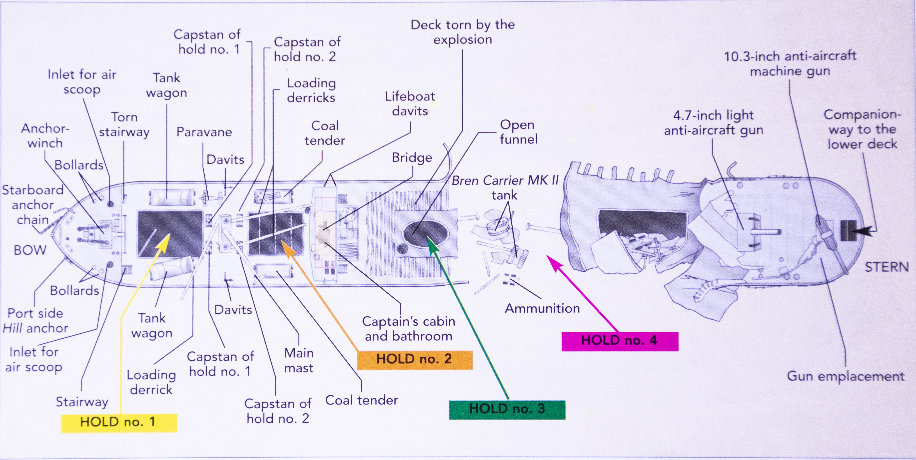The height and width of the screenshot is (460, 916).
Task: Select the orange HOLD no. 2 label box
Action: tap(414, 359)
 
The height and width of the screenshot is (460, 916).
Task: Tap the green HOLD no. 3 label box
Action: tap(507, 409)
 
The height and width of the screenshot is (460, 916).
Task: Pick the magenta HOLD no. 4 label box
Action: tap(619, 341)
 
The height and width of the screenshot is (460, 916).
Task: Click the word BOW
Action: tap(30, 250)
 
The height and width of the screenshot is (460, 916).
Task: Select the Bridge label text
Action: tap(412, 158)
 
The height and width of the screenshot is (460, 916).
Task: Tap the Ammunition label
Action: tap(542, 308)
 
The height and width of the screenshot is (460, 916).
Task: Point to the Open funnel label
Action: tap(518, 132)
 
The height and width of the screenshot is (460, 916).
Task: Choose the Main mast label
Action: tap(299, 360)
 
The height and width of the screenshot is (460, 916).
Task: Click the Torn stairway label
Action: tap(124, 124)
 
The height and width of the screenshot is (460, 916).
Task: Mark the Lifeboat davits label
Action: tap(410, 104)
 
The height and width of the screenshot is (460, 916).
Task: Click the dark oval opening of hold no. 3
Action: tap(425, 233)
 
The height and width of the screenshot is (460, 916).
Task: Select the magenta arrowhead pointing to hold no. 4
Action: tap(553, 261)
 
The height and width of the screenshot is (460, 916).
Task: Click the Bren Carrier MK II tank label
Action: tap(505, 188)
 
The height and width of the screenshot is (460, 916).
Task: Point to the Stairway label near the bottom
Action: tap(82, 402)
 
